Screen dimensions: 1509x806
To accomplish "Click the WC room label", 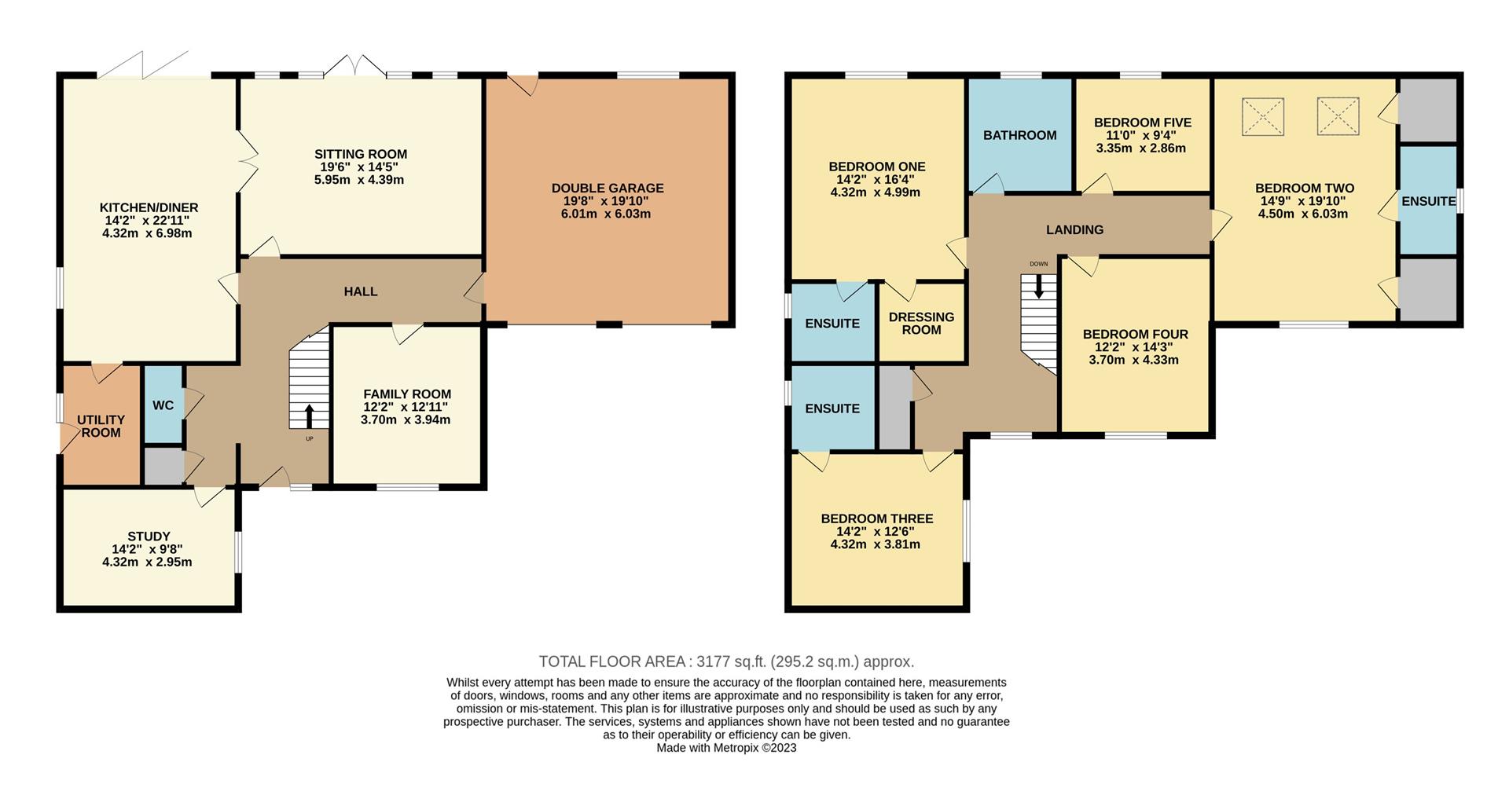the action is point(163,405).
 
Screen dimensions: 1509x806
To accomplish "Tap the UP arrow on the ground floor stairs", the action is point(308,416).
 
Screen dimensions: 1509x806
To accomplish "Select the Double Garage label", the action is point(608,189).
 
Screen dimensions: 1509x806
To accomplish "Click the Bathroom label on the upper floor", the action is point(1019,135).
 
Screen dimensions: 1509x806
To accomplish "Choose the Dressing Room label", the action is point(921,323).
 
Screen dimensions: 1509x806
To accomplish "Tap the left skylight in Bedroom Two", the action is point(1262,117).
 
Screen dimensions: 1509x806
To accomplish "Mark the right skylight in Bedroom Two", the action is point(1338,115).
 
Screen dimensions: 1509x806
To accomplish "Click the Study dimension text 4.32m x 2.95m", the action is point(147,562).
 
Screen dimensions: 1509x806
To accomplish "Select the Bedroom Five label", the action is point(1142,123).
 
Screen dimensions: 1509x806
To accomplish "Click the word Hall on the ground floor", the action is point(361,291).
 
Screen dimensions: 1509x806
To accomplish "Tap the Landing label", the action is point(1074,229).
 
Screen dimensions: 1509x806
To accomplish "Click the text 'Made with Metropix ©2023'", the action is point(726,748).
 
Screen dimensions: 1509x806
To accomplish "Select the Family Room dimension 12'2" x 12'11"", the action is point(406,407).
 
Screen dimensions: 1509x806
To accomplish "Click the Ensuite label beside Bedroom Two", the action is point(1428,201).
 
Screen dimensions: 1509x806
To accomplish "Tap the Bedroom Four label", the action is point(1135,334).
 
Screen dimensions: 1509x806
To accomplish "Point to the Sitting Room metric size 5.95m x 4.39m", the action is point(359,179).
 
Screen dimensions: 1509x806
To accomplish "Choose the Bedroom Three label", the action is point(877,518).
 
